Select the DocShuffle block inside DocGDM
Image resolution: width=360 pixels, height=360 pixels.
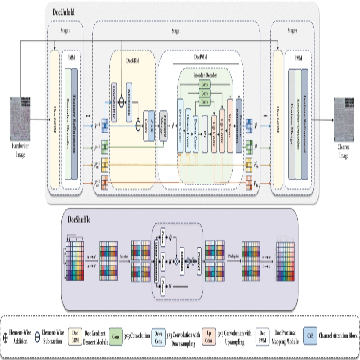(115, 96)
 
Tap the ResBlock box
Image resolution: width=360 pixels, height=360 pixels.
(129, 96)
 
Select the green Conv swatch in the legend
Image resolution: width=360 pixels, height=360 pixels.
(116, 336)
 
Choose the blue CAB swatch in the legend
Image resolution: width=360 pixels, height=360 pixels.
(311, 336)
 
